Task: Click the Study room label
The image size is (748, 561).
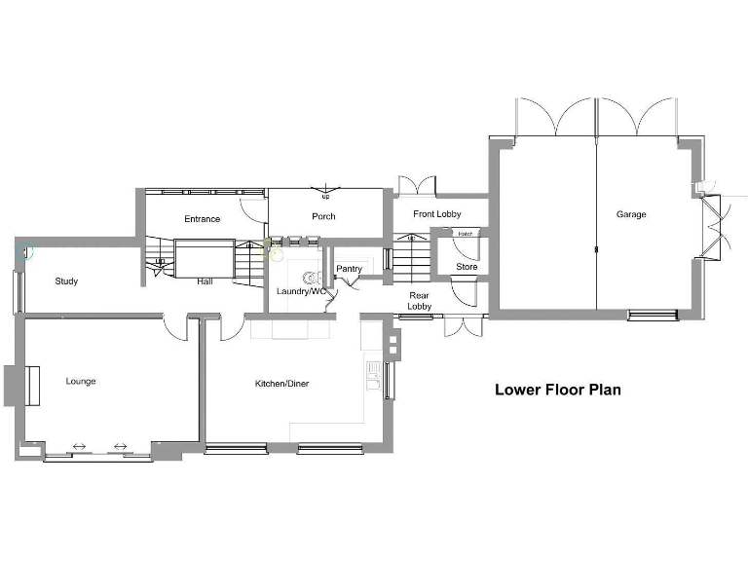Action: click(x=66, y=281)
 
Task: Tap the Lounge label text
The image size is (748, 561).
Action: click(x=81, y=381)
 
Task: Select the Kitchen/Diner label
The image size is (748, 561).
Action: click(x=281, y=384)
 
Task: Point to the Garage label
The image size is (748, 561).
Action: click(x=630, y=214)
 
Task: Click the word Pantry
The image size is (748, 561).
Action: click(x=349, y=269)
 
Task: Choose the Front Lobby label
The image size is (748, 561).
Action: click(x=436, y=214)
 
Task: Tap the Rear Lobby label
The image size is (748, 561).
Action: click(x=419, y=301)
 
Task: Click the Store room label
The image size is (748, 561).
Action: click(x=467, y=267)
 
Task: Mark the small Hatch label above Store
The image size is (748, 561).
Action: click(x=466, y=234)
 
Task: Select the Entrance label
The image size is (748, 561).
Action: click(x=202, y=219)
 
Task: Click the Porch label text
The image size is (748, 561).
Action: click(x=323, y=216)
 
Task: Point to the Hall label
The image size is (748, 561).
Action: click(x=205, y=281)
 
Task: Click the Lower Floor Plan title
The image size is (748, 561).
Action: click(x=557, y=390)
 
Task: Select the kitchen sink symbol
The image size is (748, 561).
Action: click(x=373, y=375)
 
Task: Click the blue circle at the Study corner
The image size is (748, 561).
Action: click(x=24, y=251)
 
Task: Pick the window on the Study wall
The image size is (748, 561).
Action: click(x=17, y=290)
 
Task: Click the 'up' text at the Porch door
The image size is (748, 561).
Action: click(x=325, y=197)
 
